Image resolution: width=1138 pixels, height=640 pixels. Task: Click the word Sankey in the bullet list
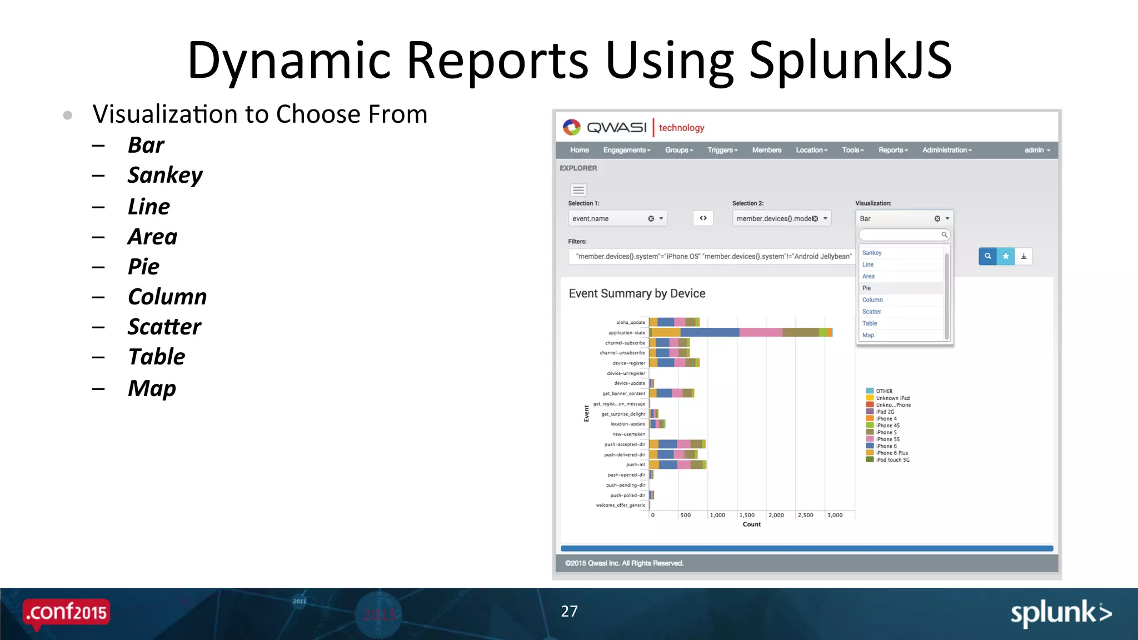pyautogui.click(x=165, y=176)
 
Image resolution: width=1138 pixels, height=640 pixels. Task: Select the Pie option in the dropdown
pyautogui.click(x=867, y=288)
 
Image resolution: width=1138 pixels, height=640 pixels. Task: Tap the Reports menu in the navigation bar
pyautogui.click(x=892, y=150)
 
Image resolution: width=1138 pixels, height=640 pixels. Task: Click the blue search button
pyautogui.click(x=987, y=256)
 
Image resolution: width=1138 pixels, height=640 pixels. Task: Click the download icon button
pyautogui.click(x=1024, y=256)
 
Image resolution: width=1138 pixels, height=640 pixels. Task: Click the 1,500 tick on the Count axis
pyautogui.click(x=747, y=515)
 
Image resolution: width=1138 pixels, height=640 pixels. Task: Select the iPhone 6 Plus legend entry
pyautogui.click(x=891, y=453)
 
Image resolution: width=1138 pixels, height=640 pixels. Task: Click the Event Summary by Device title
pyautogui.click(x=637, y=293)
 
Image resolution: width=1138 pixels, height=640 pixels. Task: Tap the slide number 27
pyautogui.click(x=569, y=611)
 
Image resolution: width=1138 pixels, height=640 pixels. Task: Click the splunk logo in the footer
pyautogui.click(x=1060, y=613)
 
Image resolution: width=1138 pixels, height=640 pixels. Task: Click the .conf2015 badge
pyautogui.click(x=67, y=612)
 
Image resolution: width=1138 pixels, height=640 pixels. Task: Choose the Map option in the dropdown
pyautogui.click(x=868, y=335)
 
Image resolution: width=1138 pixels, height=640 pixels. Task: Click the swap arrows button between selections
pyautogui.click(x=703, y=218)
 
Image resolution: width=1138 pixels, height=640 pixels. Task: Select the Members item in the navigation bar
pyautogui.click(x=766, y=150)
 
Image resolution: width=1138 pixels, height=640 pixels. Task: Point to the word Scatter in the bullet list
pyautogui.click(x=164, y=327)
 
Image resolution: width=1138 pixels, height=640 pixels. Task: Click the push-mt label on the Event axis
pyautogui.click(x=635, y=464)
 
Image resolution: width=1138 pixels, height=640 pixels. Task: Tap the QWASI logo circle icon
pyautogui.click(x=571, y=127)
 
